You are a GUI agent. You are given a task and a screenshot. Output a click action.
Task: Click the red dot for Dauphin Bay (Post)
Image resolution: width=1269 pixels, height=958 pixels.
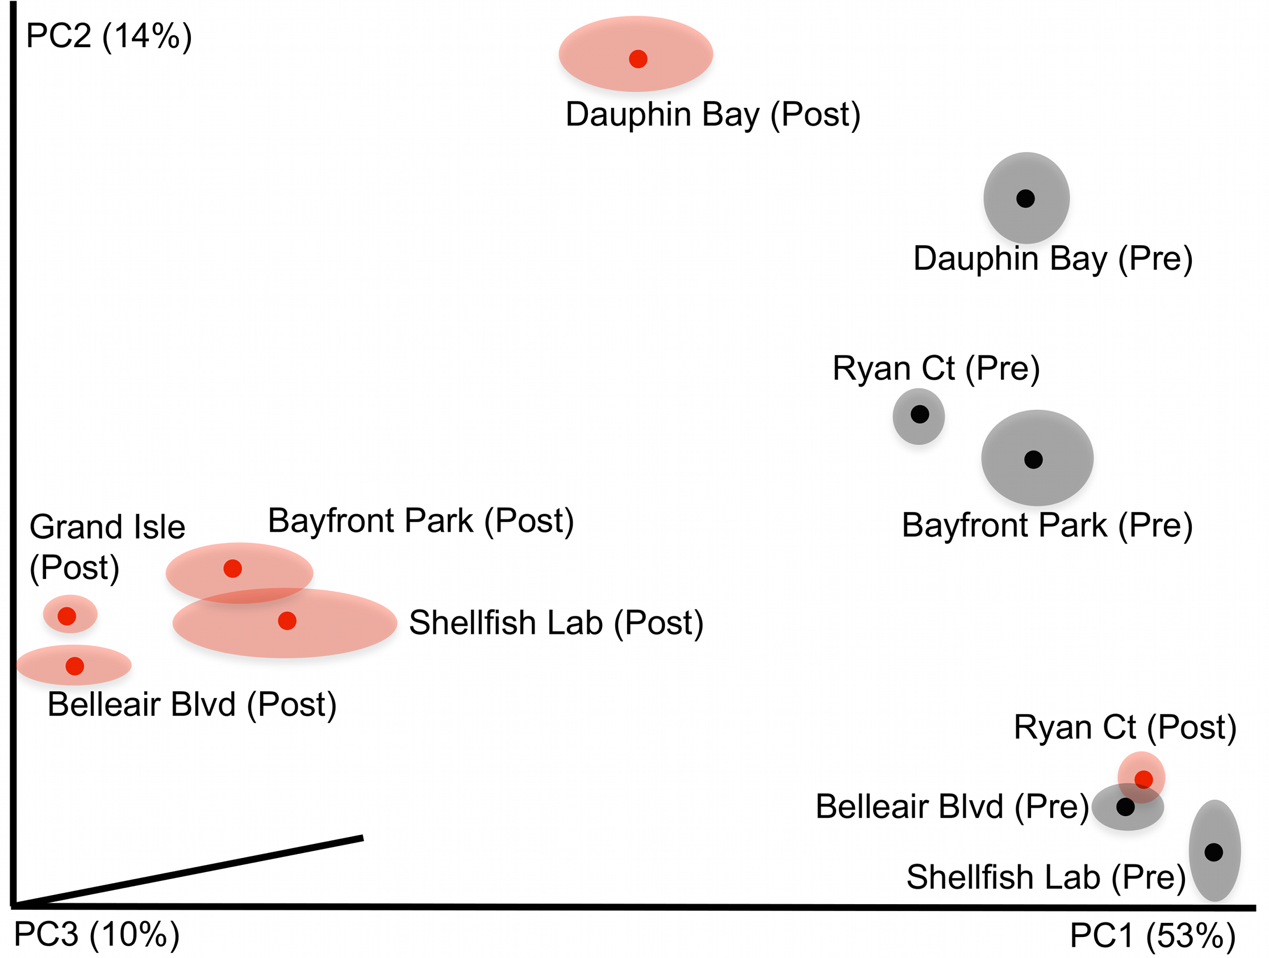[638, 58]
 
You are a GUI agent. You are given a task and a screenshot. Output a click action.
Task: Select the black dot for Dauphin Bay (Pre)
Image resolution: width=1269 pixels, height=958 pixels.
[1025, 199]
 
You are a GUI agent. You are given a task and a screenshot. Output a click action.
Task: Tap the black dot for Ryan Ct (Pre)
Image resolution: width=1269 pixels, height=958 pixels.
[920, 414]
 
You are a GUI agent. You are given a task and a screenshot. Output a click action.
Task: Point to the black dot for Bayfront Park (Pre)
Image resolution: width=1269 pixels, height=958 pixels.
[1033, 459]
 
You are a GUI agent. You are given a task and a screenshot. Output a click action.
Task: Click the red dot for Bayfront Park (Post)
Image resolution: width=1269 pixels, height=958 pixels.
[232, 569]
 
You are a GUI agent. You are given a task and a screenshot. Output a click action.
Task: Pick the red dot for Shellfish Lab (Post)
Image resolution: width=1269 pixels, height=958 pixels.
[287, 620]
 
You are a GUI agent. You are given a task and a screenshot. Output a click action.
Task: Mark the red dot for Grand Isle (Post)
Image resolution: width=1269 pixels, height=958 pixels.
[67, 616]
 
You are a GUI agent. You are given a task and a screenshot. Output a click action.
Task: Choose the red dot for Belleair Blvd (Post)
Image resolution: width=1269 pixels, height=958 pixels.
[74, 666]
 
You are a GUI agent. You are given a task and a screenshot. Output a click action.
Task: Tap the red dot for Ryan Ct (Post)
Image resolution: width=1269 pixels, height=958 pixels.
[1143, 779]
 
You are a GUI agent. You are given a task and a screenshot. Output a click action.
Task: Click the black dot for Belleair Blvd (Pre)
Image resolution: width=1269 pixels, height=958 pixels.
[1126, 806]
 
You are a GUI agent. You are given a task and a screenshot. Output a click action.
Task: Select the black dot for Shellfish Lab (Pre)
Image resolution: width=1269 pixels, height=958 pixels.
[1213, 852]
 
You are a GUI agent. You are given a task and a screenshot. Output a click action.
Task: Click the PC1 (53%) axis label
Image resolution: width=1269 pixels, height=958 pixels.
[1152, 935]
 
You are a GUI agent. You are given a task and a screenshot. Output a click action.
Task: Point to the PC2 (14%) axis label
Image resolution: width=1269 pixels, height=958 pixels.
[109, 36]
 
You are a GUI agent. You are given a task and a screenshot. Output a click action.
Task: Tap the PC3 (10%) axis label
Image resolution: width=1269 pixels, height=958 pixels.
[97, 934]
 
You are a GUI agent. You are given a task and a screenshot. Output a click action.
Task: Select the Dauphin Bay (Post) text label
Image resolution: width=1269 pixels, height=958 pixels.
[712, 115]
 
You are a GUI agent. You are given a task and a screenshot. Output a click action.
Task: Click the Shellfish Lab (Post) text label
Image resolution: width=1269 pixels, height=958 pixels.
[556, 623]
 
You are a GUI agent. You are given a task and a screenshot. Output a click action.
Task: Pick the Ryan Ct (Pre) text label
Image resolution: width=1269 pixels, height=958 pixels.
[936, 368]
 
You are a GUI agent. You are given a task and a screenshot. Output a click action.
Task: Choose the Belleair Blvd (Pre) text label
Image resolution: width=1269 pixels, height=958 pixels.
[952, 806]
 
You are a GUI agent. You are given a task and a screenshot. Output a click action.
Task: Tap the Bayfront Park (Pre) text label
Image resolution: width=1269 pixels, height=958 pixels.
[1047, 525]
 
